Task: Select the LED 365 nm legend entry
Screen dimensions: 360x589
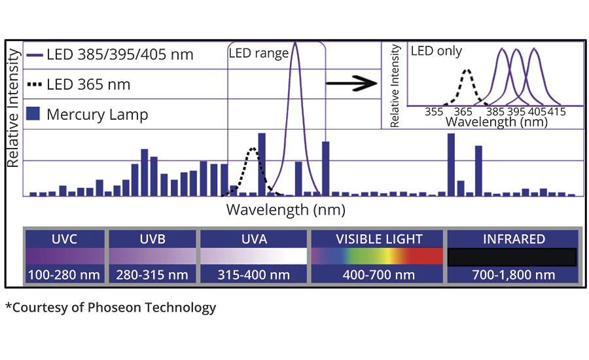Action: tap(79, 84)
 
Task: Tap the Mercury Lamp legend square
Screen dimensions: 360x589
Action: tap(34, 115)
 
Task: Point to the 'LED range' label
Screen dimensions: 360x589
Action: tap(259, 54)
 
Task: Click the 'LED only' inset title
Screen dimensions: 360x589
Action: tap(436, 50)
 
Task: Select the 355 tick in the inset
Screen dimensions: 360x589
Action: tap(435, 112)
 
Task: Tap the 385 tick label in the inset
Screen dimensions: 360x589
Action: tap(496, 112)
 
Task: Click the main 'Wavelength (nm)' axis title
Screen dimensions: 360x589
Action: tap(285, 210)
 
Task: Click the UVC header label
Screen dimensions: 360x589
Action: tap(64, 239)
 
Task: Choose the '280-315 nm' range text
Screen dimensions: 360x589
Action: tap(152, 274)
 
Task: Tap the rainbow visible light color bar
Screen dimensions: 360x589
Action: tap(379, 256)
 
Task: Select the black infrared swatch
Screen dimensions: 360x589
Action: tap(512, 257)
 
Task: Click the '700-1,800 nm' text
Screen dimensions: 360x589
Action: tap(512, 274)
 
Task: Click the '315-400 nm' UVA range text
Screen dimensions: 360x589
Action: tap(253, 274)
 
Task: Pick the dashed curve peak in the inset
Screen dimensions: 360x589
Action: tap(467, 69)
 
